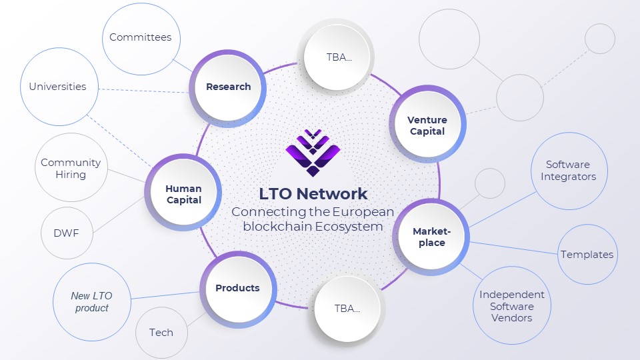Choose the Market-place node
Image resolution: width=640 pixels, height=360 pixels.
click(x=431, y=237)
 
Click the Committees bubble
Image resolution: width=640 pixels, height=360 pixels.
click(x=141, y=39)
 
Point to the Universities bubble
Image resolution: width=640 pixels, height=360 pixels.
click(x=59, y=87)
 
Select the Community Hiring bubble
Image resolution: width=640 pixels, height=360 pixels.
click(x=71, y=167)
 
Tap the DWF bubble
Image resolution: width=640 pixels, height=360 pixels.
click(x=67, y=233)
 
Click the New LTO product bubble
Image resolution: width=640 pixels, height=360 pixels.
click(x=92, y=301)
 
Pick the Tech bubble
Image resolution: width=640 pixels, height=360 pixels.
click(x=161, y=333)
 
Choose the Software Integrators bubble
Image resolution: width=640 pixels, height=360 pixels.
click(x=569, y=171)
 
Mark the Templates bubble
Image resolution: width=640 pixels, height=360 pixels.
click(x=587, y=254)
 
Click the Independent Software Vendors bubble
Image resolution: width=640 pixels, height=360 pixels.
click(x=512, y=305)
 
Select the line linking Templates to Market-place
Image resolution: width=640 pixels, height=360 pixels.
click(x=513, y=248)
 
